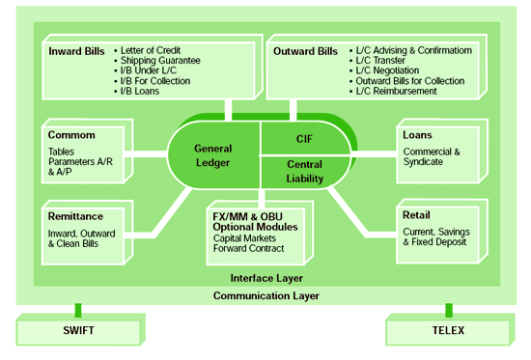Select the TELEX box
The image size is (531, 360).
pos(448,330)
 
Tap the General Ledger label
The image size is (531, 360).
pos(213,155)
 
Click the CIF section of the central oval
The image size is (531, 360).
pos(305,138)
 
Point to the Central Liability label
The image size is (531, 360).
pos(305,171)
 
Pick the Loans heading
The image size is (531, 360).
pos(417,135)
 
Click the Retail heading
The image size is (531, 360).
pos(417,217)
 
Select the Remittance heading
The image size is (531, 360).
pos(75,217)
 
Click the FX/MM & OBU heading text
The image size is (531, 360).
pos(256,215)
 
